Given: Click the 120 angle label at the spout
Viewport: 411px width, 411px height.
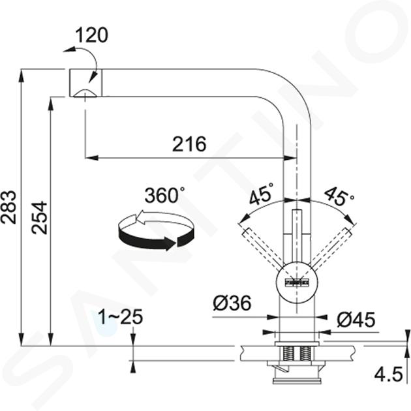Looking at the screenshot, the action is coord(91,35).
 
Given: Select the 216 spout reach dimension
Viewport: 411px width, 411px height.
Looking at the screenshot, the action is coord(189,144).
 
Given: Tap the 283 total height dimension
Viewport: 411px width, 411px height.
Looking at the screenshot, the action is coord(8,207).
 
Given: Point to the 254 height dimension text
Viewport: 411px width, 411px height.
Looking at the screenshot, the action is coord(39,217).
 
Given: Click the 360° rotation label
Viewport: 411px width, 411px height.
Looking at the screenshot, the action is coord(164,195).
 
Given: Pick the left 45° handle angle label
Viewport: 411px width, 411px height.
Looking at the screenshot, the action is coord(261,194).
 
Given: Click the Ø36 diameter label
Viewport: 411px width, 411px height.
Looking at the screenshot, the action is coord(232,303).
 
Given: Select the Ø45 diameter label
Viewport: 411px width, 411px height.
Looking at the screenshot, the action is coord(356,320).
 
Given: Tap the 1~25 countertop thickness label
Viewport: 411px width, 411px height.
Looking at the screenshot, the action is coord(120,316).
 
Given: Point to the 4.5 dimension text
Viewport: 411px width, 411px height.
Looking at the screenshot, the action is coord(388,374).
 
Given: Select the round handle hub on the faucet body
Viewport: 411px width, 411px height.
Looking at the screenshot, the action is coord(296,282).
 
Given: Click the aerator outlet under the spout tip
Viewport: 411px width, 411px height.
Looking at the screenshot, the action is coord(85,93).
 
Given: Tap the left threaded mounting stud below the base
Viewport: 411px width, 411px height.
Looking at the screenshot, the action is coord(288,353).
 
